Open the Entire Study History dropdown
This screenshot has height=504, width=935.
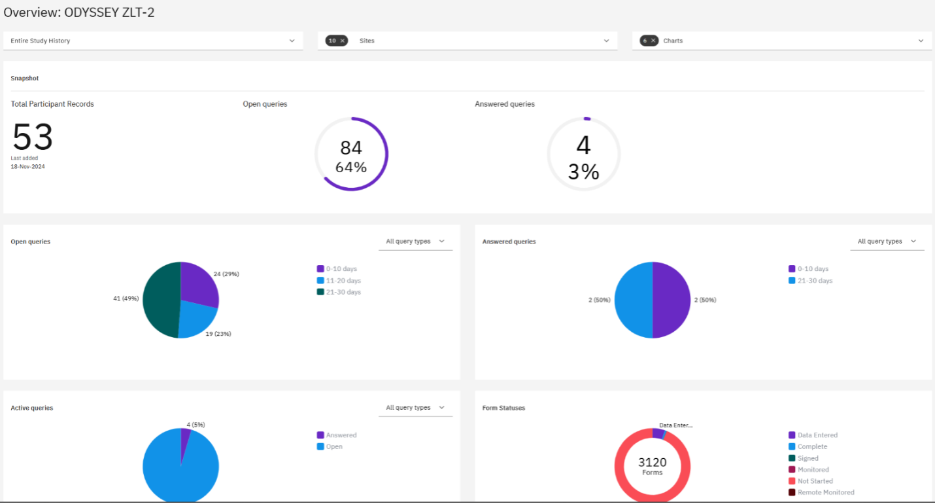pyautogui.click(x=153, y=41)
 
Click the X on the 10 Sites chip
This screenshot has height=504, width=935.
pyautogui.click(x=342, y=41)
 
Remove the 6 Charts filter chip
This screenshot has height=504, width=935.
pyautogui.click(x=653, y=41)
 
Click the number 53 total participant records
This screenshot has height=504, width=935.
pyautogui.click(x=33, y=137)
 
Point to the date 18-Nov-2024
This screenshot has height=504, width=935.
pyautogui.click(x=27, y=166)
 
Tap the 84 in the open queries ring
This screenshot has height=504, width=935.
pyautogui.click(x=351, y=147)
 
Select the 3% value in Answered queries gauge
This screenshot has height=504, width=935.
pyautogui.click(x=583, y=171)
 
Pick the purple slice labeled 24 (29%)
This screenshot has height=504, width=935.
pyautogui.click(x=197, y=282)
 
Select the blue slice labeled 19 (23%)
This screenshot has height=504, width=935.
pyautogui.click(x=196, y=319)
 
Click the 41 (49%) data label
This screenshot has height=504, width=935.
pyautogui.click(x=126, y=298)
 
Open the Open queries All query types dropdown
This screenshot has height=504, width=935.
pyautogui.click(x=415, y=242)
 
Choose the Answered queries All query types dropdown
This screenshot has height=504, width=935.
pyautogui.click(x=887, y=242)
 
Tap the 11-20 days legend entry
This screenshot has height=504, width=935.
pyautogui.click(x=339, y=280)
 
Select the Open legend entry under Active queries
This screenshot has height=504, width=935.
pyautogui.click(x=330, y=446)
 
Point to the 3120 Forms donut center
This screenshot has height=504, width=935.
pyautogui.click(x=653, y=466)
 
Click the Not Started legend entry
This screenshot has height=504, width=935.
pyautogui.click(x=811, y=481)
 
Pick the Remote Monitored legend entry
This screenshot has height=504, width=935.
pyautogui.click(x=821, y=492)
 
